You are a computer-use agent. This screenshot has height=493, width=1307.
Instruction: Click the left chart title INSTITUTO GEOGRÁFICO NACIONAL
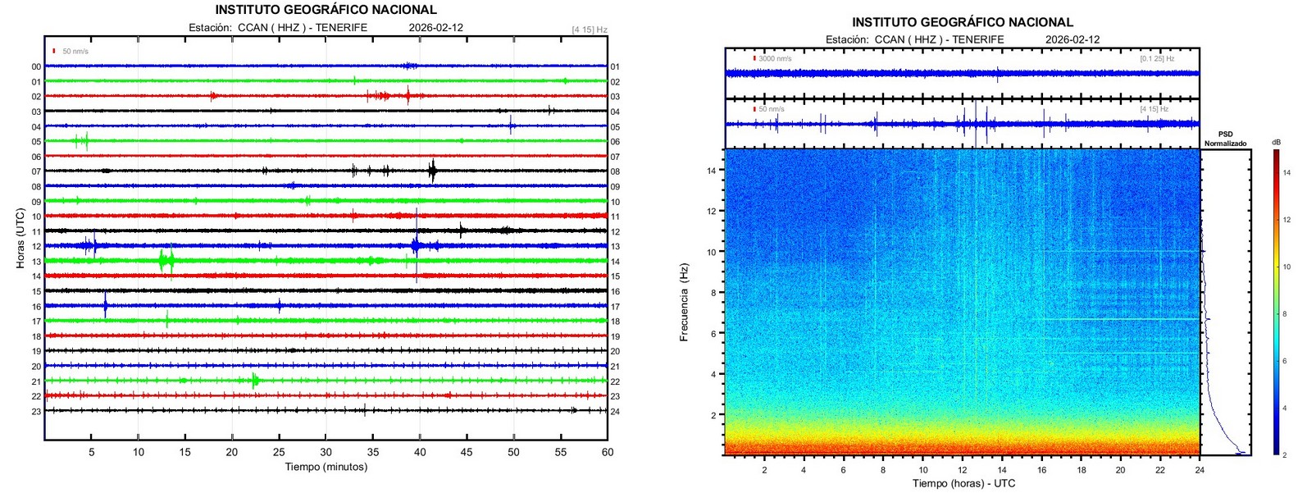tap(326, 10)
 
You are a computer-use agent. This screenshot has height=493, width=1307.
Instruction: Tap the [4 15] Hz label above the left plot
tap(590, 30)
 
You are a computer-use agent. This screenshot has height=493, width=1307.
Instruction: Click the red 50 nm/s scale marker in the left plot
tap(54, 51)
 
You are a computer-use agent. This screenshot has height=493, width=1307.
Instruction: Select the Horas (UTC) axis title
tap(20, 239)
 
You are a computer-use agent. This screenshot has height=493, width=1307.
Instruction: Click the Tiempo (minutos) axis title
tap(326, 467)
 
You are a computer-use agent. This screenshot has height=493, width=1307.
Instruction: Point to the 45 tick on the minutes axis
tap(467, 452)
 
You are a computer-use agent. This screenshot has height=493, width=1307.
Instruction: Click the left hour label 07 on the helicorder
tap(36, 171)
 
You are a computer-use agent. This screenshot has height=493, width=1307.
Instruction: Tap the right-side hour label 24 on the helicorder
tap(615, 411)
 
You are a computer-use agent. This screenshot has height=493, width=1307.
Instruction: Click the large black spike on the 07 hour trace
tap(433, 171)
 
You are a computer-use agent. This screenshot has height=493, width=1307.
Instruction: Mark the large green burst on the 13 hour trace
tap(166, 261)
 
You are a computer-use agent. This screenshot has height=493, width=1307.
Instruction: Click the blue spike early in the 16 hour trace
tap(105, 305)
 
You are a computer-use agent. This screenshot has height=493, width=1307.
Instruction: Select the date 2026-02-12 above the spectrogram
tap(1072, 39)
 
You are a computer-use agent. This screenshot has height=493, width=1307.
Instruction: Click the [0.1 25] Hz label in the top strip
tap(1156, 59)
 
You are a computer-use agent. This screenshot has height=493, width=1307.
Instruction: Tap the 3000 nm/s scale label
tap(775, 59)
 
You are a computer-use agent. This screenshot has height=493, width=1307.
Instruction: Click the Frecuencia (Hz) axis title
tap(685, 302)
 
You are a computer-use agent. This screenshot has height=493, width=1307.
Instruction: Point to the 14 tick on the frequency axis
tap(713, 171)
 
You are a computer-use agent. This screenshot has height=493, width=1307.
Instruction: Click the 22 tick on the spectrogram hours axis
tap(1159, 470)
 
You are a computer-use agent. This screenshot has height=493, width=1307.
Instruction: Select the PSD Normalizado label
tap(1225, 139)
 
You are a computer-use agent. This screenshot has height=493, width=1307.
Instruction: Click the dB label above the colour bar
tap(1276, 143)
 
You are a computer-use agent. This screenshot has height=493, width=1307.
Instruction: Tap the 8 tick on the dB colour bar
tap(1287, 314)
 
